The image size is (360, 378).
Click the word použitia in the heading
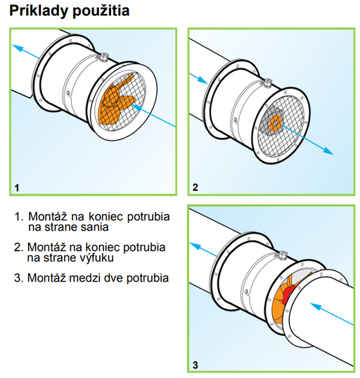click(x=101, y=11)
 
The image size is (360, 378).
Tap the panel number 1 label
click(x=17, y=188)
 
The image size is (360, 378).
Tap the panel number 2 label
click(x=195, y=187)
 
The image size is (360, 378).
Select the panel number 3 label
click(x=195, y=365)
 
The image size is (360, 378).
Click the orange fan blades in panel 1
click(x=115, y=101)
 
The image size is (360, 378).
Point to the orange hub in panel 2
click(x=275, y=123)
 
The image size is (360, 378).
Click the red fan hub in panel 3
click(x=288, y=294)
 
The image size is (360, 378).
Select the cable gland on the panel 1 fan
click(x=103, y=58)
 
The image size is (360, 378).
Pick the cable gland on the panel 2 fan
click(x=266, y=83)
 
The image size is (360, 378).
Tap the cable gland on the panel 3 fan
click(x=281, y=255)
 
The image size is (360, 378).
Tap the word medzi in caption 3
click(x=84, y=278)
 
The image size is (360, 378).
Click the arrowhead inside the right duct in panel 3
click(x=316, y=307)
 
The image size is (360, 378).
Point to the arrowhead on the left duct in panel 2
click(x=202, y=80)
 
